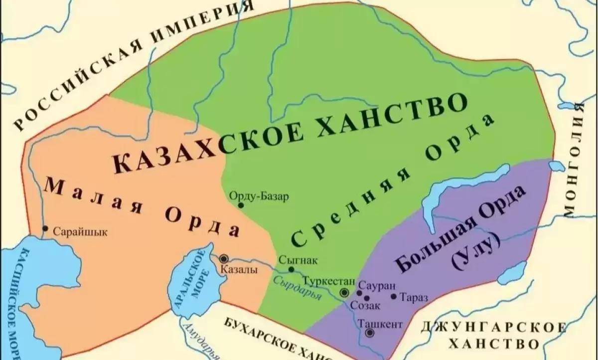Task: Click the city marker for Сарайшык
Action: (45, 229)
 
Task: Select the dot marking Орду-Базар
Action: (241, 205)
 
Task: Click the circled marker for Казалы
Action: (224, 258)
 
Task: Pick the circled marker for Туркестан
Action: (344, 292)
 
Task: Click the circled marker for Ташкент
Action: (369, 333)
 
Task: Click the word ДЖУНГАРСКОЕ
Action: (493, 328)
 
